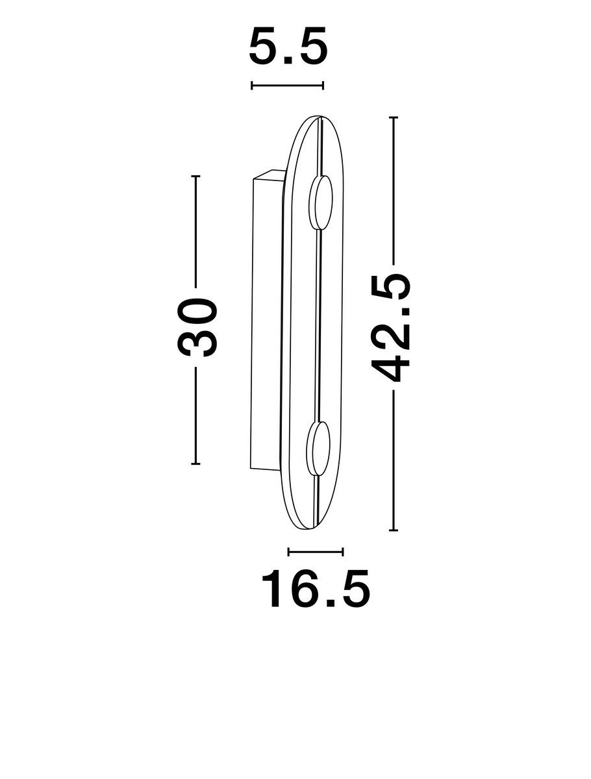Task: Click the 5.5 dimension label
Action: [288, 46]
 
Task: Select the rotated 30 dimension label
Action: [196, 327]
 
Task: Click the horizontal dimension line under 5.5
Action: [287, 85]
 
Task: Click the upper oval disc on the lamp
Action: [321, 203]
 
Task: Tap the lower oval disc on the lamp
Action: [318, 448]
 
